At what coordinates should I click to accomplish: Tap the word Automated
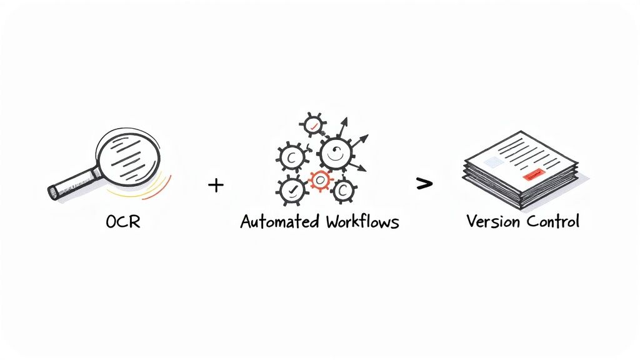tap(277, 222)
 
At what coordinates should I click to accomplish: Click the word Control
tap(552, 221)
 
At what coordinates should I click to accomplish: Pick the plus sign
tap(215, 185)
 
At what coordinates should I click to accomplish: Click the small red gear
tap(320, 181)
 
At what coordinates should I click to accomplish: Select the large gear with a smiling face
tap(337, 154)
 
